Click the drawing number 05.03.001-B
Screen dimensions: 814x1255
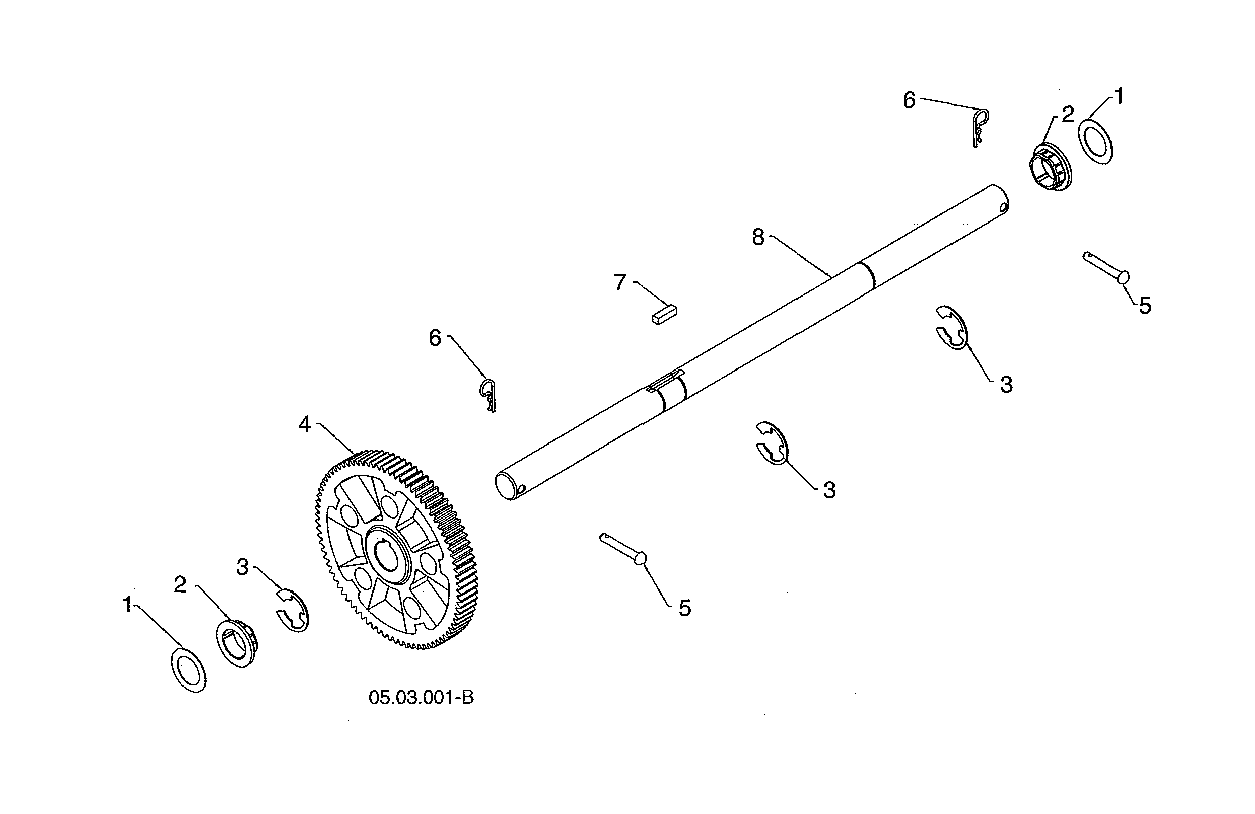point(421,698)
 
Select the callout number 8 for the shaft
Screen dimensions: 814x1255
point(758,237)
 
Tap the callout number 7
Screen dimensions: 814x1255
point(620,283)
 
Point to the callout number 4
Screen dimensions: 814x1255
point(304,424)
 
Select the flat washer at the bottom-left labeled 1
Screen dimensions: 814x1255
point(189,671)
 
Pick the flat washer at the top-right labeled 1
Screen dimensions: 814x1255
point(1096,142)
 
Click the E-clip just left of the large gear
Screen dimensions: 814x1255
point(293,611)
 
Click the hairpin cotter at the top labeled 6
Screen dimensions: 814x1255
point(979,126)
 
